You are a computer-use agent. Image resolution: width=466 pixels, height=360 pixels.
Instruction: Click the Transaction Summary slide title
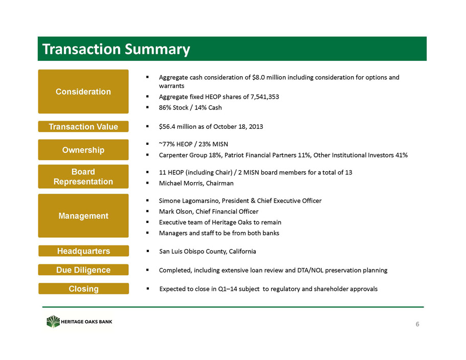click(x=116, y=49)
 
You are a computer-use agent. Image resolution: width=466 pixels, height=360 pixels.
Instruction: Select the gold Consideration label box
click(x=83, y=92)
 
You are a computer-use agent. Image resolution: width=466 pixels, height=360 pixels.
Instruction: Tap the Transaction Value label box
click(x=83, y=126)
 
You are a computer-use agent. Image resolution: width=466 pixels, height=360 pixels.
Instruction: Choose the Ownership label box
click(x=83, y=150)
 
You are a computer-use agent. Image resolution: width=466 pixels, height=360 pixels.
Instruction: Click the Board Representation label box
click(x=83, y=176)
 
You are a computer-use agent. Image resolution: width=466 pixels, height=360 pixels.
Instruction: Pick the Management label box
click(x=83, y=216)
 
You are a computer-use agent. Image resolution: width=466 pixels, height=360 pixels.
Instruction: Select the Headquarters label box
click(x=83, y=251)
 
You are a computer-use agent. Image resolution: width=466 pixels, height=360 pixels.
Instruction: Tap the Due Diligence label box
click(x=83, y=269)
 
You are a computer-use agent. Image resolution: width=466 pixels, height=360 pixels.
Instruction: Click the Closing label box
click(x=83, y=289)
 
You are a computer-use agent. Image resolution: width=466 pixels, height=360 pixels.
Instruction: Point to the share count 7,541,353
click(x=265, y=97)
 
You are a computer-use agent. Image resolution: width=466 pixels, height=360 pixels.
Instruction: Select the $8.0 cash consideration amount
click(x=258, y=77)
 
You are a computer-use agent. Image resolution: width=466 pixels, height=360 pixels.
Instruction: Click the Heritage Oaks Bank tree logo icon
click(x=53, y=321)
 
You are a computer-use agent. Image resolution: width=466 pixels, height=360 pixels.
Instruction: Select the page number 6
click(x=417, y=324)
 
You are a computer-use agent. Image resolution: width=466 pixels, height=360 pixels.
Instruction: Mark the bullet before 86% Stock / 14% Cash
click(x=147, y=107)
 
